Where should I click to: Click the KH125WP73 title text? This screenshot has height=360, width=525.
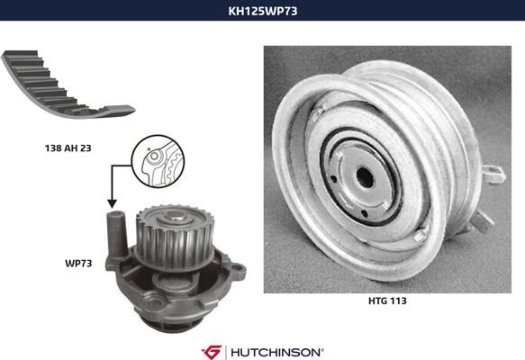point(263,11)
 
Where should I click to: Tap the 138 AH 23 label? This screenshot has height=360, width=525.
point(68,148)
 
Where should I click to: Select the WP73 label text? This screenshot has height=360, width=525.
point(78,264)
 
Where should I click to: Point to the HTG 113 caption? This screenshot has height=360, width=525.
point(387,301)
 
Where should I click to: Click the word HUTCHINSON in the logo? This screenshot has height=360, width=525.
point(276,352)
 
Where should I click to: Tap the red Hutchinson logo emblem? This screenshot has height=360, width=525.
point(212,352)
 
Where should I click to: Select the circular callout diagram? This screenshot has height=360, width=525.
point(158,161)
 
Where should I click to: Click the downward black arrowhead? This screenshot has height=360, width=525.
point(112,203)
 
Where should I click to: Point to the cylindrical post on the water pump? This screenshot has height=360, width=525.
point(116,234)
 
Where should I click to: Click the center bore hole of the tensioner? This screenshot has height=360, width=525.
point(365,177)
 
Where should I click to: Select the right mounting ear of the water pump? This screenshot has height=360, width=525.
point(239,270)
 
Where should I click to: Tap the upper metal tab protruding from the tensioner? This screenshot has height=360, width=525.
point(493,175)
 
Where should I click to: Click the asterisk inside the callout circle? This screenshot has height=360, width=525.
point(149,148)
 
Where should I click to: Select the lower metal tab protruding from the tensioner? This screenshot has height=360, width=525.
point(482,220)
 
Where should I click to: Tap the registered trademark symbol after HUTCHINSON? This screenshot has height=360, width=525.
point(322,349)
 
